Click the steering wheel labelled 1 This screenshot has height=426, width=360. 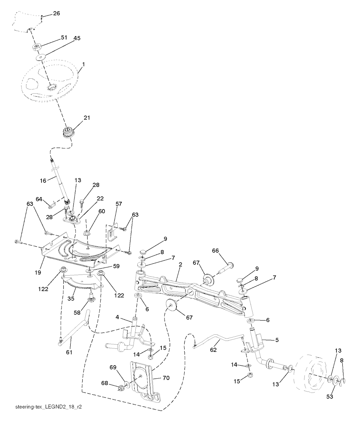pos(50,80)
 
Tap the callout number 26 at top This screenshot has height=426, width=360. pos(57,13)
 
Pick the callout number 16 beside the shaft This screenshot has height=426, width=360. pos(43,181)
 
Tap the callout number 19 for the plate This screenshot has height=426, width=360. pos(38,272)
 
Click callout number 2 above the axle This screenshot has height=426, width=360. pos(180,264)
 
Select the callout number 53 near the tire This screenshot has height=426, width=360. pos(330,396)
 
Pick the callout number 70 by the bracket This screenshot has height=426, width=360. pos(166,378)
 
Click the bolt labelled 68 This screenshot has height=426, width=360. pos(121,387)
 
